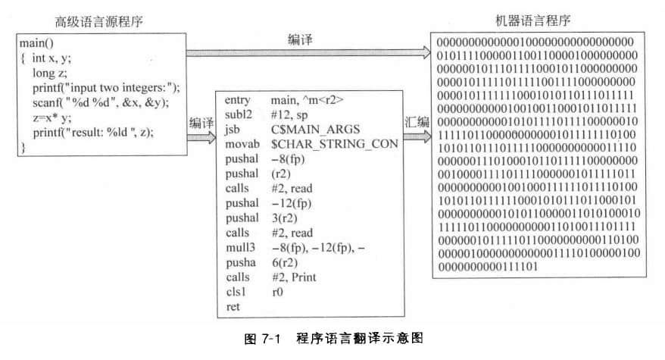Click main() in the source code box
(36, 44)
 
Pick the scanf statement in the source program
(100, 102)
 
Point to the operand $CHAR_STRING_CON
(329, 145)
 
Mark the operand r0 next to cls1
(277, 293)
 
